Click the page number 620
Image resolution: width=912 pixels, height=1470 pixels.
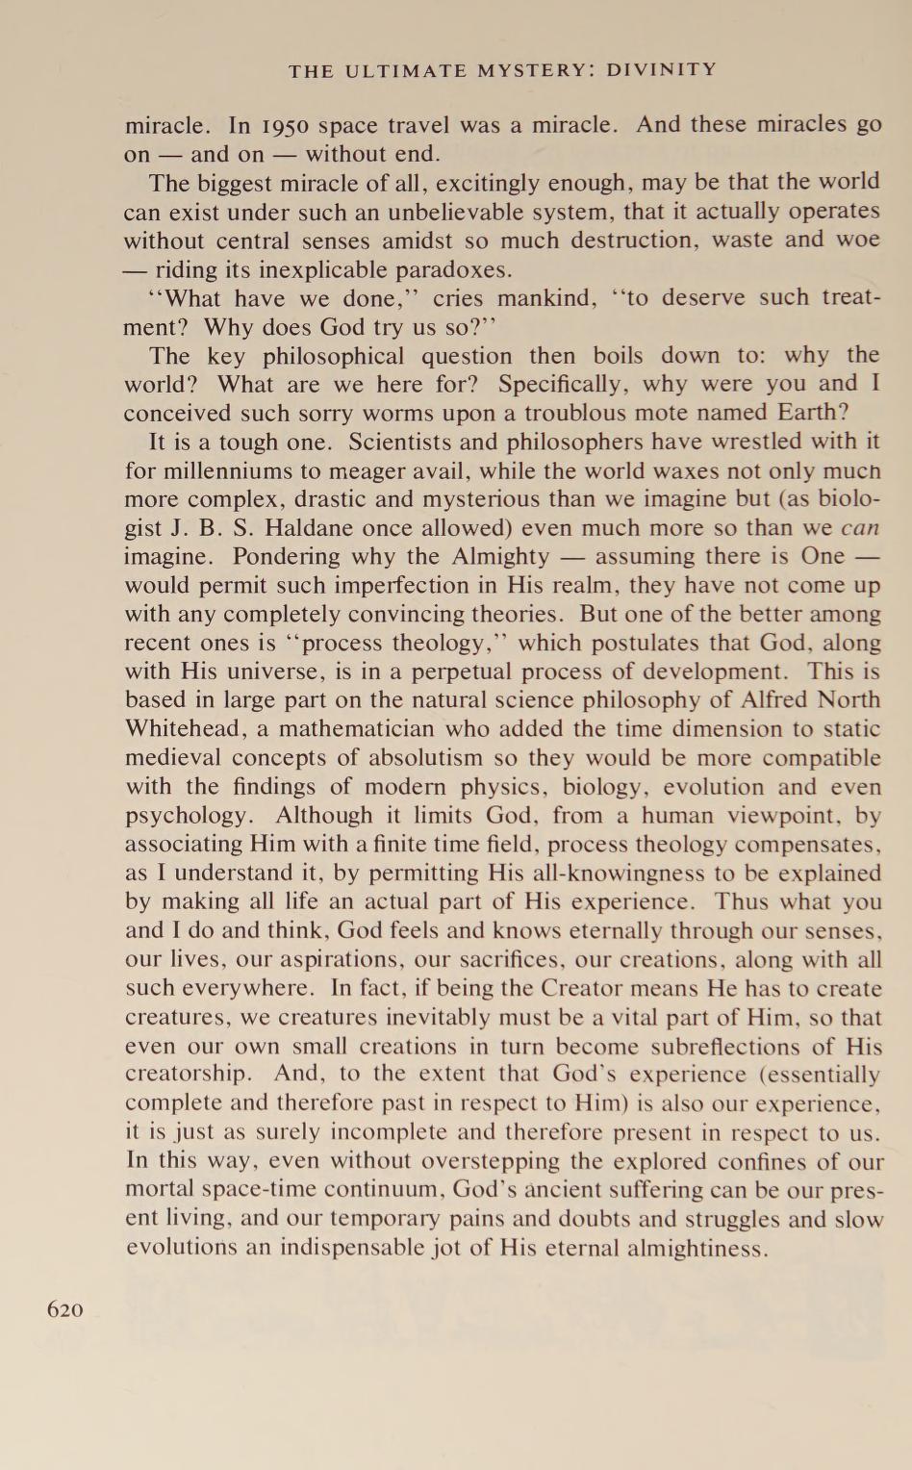coord(65,1309)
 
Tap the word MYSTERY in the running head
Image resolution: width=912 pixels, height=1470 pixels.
coord(516,69)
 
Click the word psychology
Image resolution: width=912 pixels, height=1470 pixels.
coord(185,817)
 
